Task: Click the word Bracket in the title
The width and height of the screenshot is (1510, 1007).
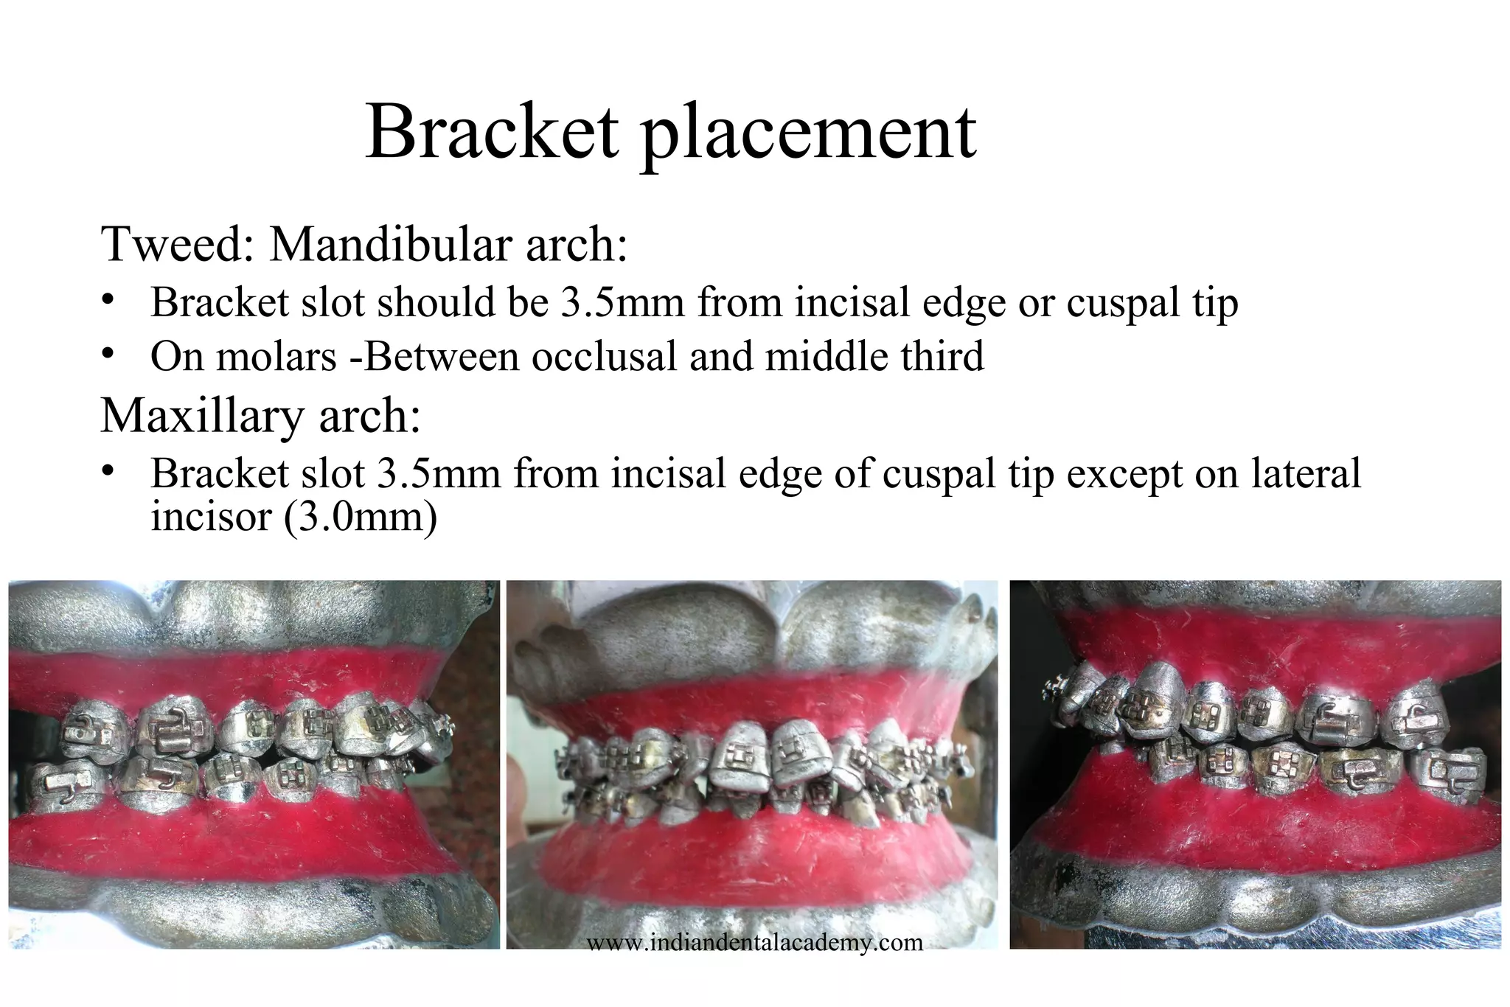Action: click(x=492, y=133)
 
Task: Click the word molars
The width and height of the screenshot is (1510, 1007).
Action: click(x=276, y=358)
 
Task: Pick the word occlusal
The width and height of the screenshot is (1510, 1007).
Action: click(x=605, y=358)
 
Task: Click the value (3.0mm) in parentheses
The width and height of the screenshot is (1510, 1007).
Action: click(x=361, y=517)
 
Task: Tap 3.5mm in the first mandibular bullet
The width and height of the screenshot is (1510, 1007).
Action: click(x=623, y=302)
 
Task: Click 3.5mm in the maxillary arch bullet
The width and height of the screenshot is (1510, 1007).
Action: click(x=439, y=474)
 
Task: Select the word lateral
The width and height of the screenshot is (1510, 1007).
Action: click(x=1306, y=474)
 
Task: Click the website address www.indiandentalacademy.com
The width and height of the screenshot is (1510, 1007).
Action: click(x=754, y=942)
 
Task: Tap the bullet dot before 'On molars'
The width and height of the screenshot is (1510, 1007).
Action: click(x=108, y=355)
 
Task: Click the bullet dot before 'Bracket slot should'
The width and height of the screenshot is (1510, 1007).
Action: click(x=108, y=301)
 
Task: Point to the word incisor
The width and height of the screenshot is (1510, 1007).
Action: click(x=212, y=517)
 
